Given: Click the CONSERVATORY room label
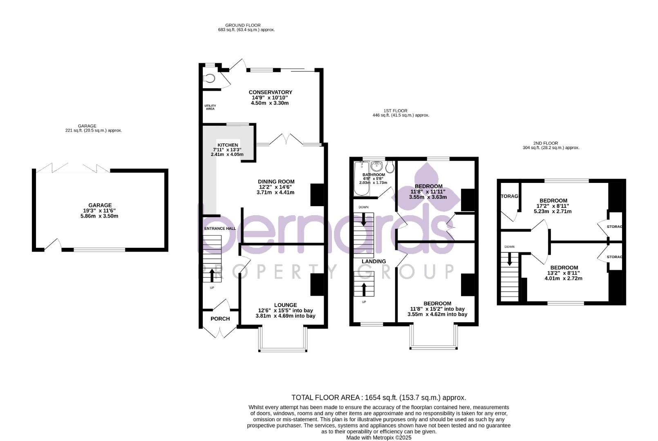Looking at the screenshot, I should [270, 92].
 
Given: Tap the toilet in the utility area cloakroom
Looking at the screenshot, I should [210, 78].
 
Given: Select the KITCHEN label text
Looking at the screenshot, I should [228, 145].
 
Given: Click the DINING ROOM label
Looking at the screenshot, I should [276, 182].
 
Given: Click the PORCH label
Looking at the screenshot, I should [220, 319].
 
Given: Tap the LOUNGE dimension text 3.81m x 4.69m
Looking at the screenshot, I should [285, 316].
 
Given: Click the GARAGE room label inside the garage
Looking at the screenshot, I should [100, 205].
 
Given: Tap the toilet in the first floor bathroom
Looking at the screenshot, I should [389, 167].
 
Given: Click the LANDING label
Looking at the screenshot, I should [374, 261].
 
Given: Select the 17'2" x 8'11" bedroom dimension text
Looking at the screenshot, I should [553, 206].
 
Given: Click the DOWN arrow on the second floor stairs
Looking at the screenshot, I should [509, 259].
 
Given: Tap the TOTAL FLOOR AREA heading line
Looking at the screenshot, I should [378, 397].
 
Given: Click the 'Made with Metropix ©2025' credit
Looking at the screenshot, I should [378, 437].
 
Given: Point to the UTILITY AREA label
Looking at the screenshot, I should [210, 107].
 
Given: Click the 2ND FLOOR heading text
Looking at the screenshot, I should [545, 143].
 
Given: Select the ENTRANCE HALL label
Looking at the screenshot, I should [220, 229].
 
